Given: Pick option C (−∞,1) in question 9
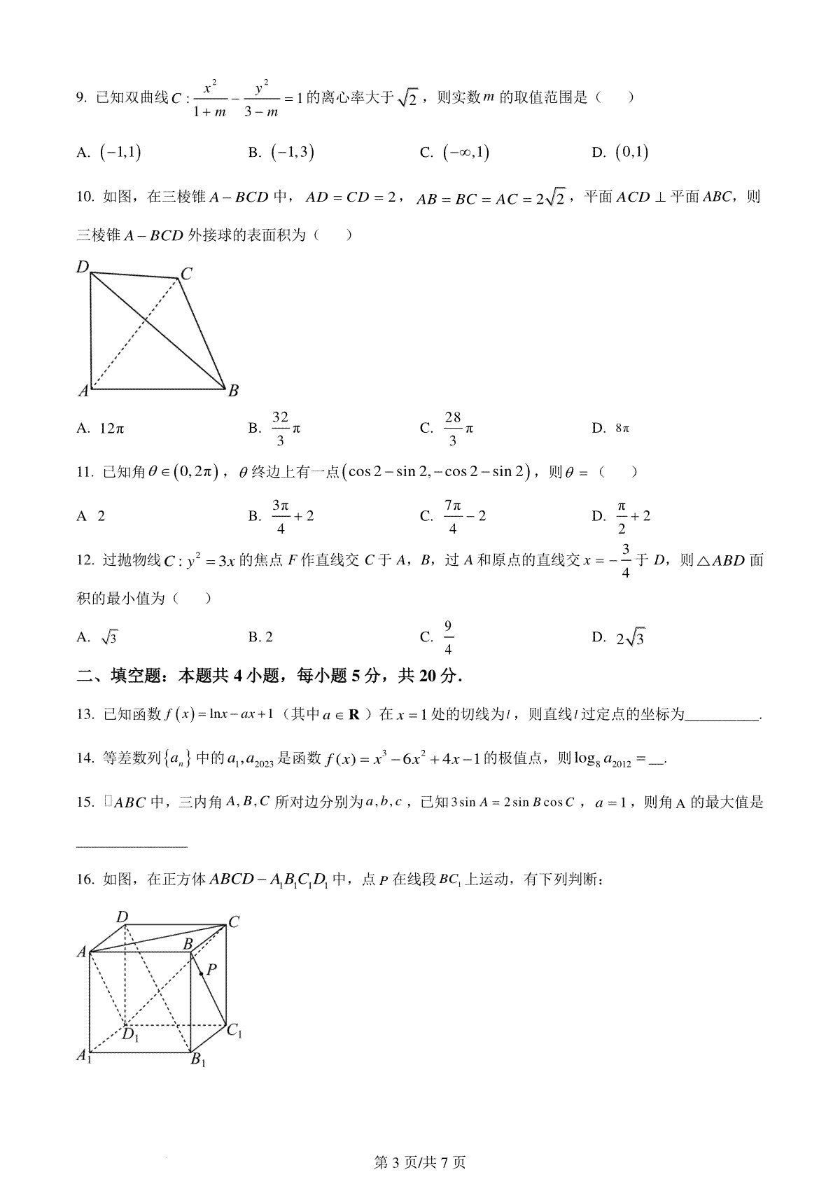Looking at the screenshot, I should click(x=465, y=152).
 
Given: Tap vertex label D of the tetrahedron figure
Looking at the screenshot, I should click(x=83, y=267).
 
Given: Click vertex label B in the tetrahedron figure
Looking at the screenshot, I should click(x=233, y=391).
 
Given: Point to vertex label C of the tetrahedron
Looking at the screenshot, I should click(x=186, y=274).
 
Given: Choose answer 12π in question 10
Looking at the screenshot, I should click(x=111, y=428).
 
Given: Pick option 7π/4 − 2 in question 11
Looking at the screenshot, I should click(x=463, y=516).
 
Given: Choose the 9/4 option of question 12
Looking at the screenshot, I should click(x=448, y=637).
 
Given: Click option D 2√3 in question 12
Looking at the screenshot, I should click(x=629, y=637).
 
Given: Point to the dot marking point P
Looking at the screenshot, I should click(x=202, y=973).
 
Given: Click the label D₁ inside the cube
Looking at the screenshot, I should click(x=130, y=1035).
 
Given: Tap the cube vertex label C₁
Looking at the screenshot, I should click(x=234, y=1031).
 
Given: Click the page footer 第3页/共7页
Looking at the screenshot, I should click(x=420, y=1162).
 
